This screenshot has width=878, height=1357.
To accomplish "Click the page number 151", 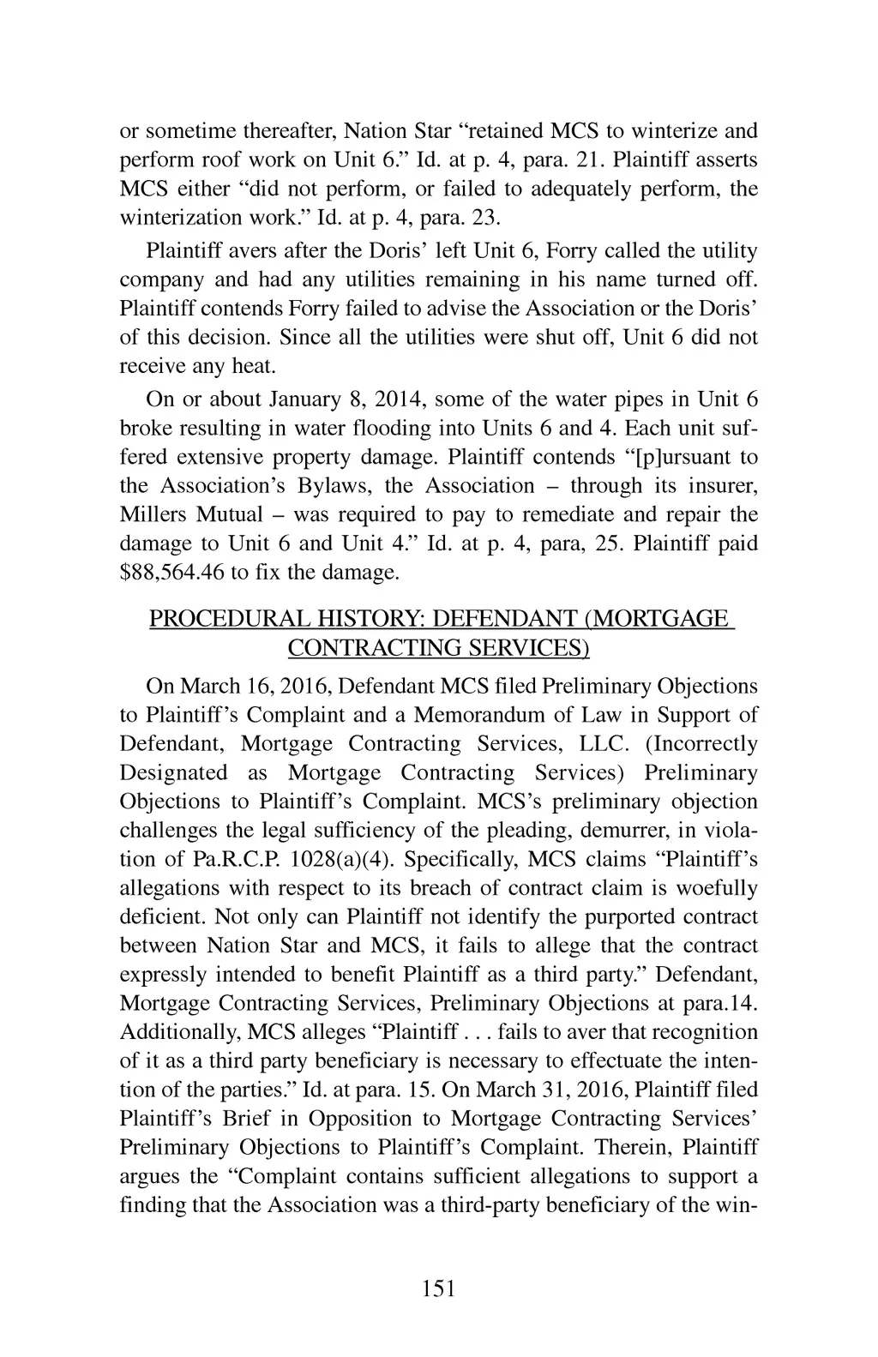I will [438, 1288].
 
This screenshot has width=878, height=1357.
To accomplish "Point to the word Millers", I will [153, 514].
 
